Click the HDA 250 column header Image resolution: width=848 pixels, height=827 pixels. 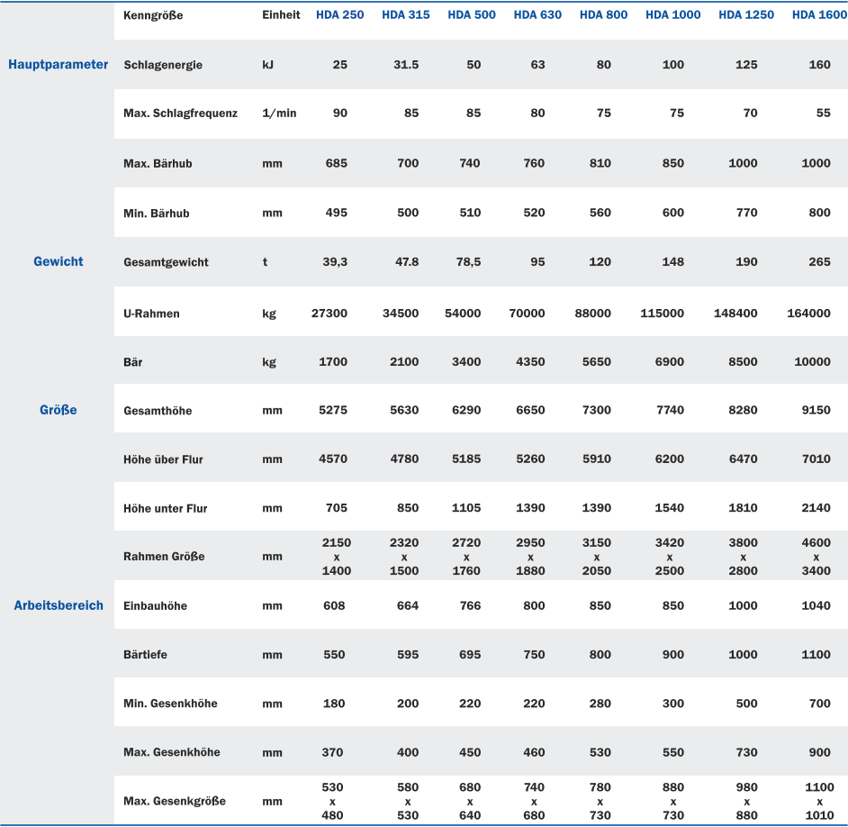(x=339, y=15)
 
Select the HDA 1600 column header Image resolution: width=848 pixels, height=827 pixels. (x=818, y=15)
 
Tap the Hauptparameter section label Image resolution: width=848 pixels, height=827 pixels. (x=58, y=65)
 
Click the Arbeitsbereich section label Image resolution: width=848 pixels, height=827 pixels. (x=59, y=605)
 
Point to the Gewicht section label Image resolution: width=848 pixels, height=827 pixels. (x=59, y=262)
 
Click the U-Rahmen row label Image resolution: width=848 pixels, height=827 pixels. (x=151, y=314)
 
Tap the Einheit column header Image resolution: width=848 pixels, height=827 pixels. (x=281, y=15)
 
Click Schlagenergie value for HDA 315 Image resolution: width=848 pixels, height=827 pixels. (x=406, y=65)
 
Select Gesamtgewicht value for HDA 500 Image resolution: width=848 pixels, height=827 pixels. (x=466, y=262)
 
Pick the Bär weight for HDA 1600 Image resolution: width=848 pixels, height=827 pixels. (x=812, y=362)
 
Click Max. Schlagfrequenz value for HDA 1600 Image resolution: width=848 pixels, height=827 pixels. (x=823, y=114)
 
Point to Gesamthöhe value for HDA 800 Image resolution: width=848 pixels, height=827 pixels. (x=596, y=411)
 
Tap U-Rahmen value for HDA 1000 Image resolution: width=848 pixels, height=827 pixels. (x=662, y=314)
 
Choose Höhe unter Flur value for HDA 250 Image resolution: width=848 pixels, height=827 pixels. (x=336, y=508)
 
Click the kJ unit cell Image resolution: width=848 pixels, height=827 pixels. (x=268, y=65)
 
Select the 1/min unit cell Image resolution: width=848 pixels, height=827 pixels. (x=279, y=114)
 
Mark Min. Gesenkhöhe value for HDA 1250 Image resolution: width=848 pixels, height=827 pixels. (x=746, y=704)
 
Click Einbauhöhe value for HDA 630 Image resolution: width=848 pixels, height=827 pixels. (x=534, y=605)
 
